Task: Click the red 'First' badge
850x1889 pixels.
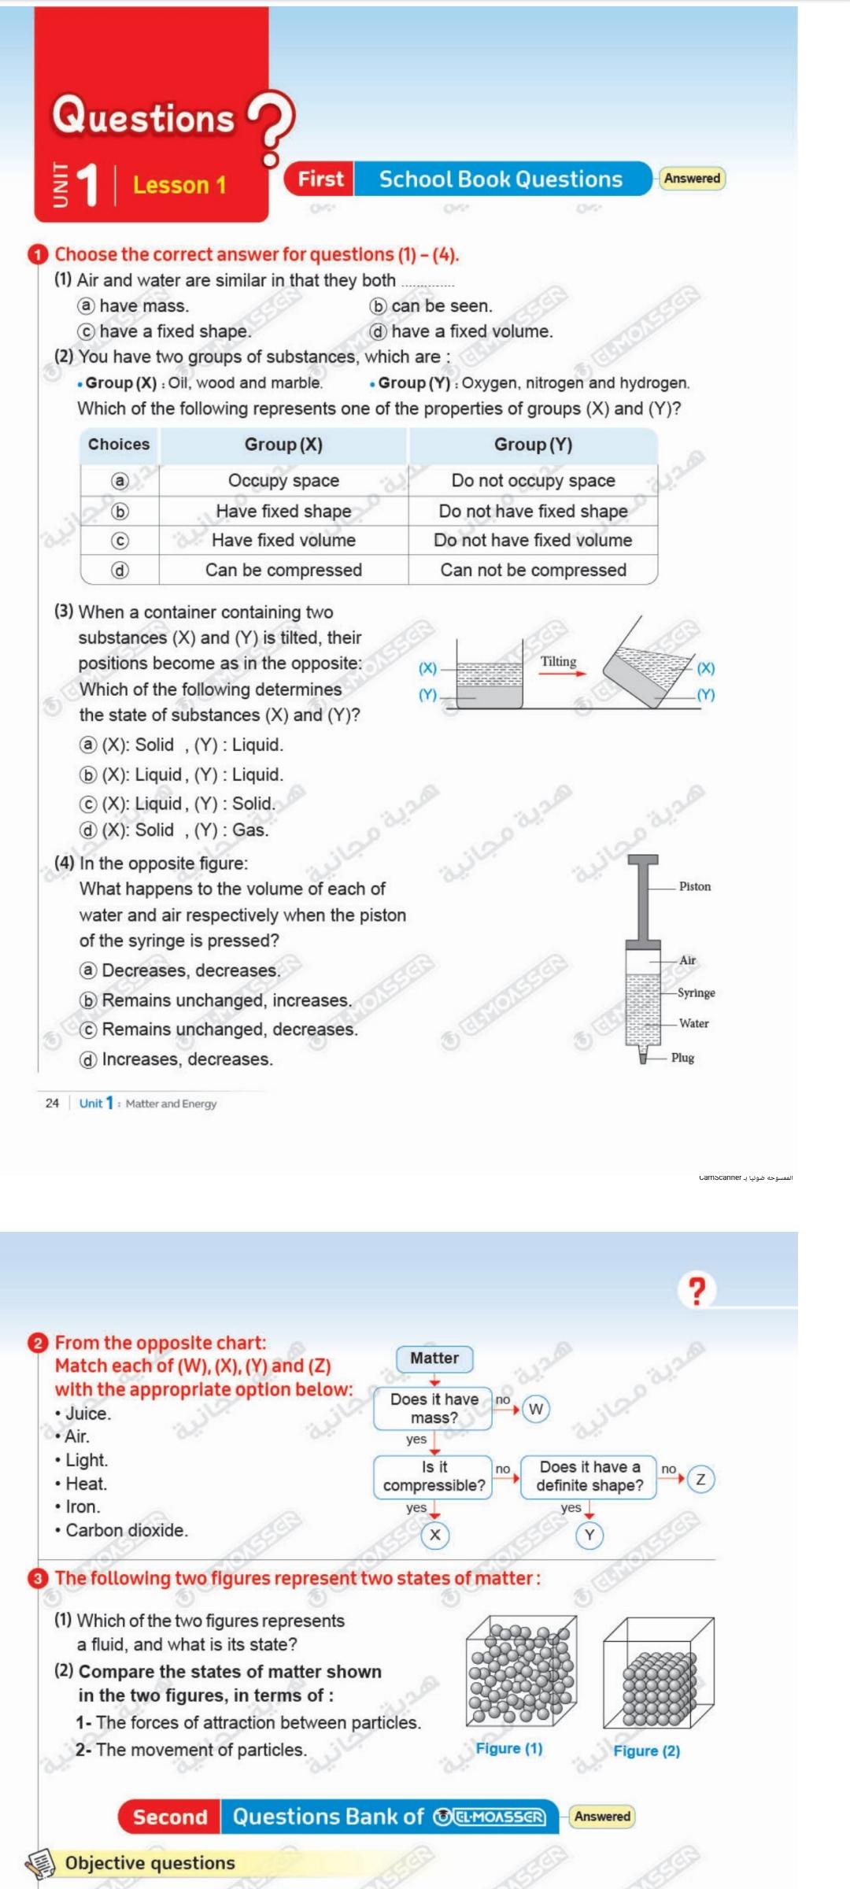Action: pos(320,179)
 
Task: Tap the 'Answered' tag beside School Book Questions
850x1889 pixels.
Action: pos(692,179)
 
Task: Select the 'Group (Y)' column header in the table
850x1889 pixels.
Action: pos(533,445)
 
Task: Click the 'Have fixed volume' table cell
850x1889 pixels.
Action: pos(283,541)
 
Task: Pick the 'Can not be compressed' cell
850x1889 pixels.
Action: pos(533,570)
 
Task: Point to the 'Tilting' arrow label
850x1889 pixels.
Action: pos(558,662)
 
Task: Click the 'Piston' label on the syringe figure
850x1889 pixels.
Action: pos(695,886)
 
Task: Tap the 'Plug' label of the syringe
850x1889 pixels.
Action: pos(682,1058)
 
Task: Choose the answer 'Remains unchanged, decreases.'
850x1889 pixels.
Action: pos(229,1030)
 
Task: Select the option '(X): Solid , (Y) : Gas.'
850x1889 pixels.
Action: pos(185,830)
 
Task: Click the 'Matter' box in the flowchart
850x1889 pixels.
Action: pos(434,1359)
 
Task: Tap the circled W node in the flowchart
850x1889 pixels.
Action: pos(536,1409)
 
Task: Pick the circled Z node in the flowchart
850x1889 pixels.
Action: pos(700,1479)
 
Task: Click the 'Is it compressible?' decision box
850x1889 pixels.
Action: pos(434,1477)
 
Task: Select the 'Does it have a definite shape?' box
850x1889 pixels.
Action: pos(589,1477)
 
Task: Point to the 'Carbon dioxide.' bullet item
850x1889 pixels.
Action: pos(126,1531)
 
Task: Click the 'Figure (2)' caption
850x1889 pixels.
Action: pos(646,1751)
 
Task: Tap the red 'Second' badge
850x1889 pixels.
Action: pos(170,1817)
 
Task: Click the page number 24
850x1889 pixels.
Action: pos(52,1103)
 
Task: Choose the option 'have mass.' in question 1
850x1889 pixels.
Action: pos(143,306)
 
